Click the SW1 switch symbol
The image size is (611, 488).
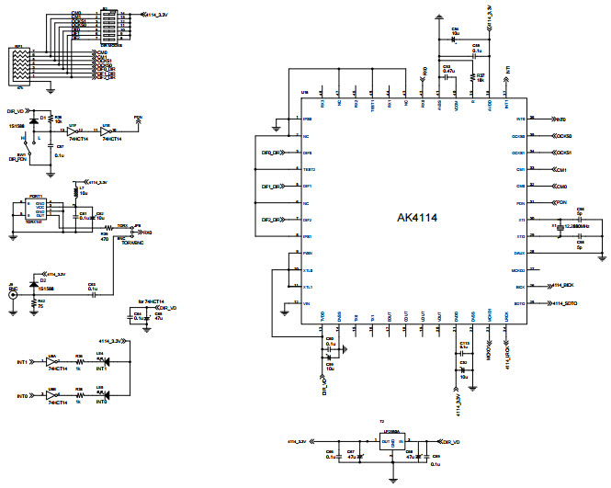pyautogui.click(x=34, y=144)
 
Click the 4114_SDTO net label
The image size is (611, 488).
pyautogui.click(x=563, y=303)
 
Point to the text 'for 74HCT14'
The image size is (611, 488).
pyautogui.click(x=150, y=301)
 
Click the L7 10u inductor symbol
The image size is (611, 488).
pyautogui.click(x=76, y=190)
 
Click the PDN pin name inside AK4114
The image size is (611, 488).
pyautogui.click(x=519, y=203)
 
